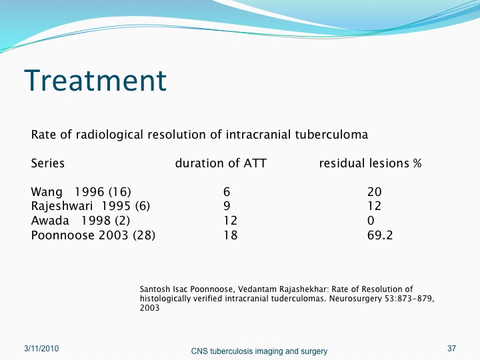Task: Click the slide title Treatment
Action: point(95,80)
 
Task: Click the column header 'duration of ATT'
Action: point(221,163)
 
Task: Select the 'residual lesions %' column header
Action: point(370,163)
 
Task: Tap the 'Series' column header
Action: point(48,163)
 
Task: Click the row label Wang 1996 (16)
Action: point(81,192)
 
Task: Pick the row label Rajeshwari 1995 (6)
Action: point(90,206)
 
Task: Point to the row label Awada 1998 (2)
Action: point(81,221)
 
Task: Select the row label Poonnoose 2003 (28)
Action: point(93,235)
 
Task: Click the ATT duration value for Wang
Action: point(227,192)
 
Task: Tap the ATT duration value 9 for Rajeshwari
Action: point(227,206)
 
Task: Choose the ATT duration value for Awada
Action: point(230,221)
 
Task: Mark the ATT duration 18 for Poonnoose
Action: point(230,235)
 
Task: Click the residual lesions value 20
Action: point(375,192)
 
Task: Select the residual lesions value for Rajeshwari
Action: point(375,206)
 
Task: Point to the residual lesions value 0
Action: point(371,221)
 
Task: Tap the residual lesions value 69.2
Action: point(380,235)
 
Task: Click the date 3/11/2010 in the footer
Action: point(41,349)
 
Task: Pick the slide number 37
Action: point(451,349)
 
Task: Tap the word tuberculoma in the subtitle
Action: point(331,135)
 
